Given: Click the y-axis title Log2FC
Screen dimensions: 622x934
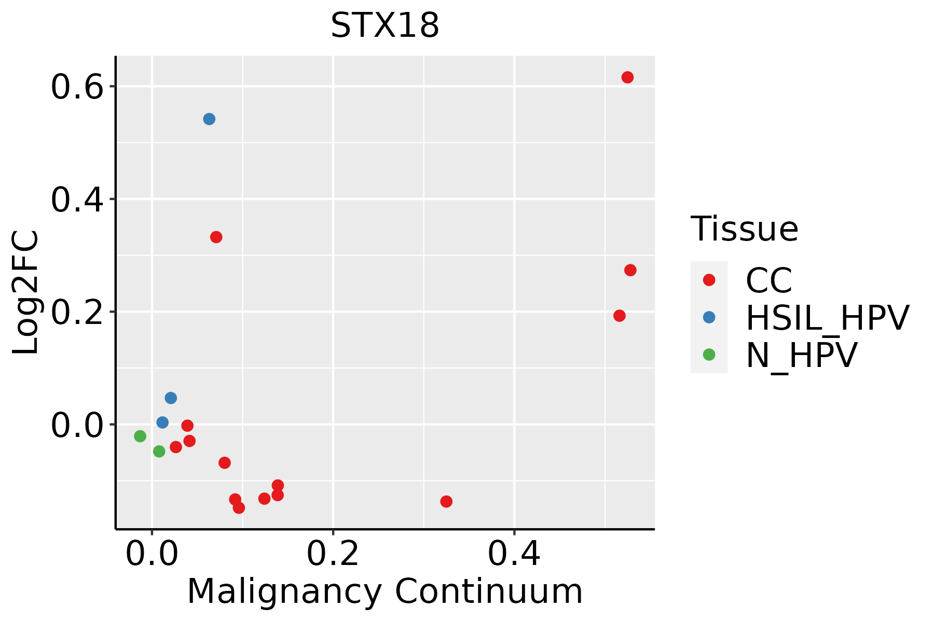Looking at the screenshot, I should click(26, 292).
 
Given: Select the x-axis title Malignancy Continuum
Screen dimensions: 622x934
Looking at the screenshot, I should click(384, 591).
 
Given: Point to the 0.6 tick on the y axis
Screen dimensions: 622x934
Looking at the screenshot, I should click(76, 87).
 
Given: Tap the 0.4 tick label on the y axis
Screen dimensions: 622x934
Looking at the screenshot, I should click(76, 200).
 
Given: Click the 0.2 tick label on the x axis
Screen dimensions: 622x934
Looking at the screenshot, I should click(333, 554).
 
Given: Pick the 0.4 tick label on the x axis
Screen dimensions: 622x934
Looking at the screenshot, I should click(514, 554).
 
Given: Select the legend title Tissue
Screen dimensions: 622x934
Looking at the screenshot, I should click(744, 229).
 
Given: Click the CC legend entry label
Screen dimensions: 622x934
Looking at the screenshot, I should click(768, 280).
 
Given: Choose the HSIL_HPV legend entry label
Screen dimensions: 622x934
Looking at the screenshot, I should click(827, 318).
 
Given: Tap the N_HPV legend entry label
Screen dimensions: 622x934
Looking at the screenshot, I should click(801, 355).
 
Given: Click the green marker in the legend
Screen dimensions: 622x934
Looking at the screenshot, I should click(709, 355).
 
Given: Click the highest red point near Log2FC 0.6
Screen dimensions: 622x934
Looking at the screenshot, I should click(627, 77).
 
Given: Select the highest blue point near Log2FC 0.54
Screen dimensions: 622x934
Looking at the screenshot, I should click(209, 119).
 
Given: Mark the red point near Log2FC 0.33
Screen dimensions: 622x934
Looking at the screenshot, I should click(216, 237).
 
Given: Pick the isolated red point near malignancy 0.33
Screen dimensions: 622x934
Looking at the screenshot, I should click(446, 501).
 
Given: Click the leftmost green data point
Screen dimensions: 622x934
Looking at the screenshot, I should click(140, 436).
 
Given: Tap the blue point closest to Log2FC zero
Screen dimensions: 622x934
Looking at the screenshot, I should click(162, 422).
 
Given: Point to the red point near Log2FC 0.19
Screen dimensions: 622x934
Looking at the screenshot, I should click(620, 316).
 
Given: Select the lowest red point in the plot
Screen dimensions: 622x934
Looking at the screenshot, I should click(239, 507).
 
